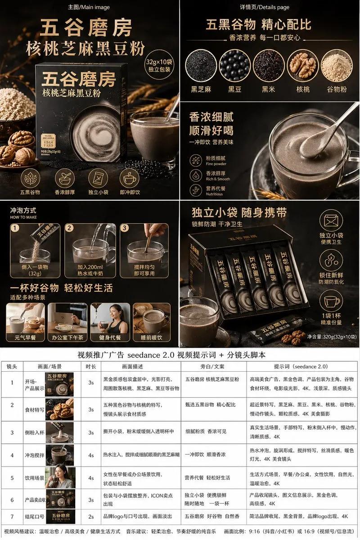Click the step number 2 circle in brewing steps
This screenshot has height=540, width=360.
69,228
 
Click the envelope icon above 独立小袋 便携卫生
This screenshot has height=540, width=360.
331,221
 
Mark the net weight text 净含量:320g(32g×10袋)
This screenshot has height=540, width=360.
332,336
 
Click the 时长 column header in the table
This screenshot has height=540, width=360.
91,366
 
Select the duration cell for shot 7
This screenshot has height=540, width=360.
91,517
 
